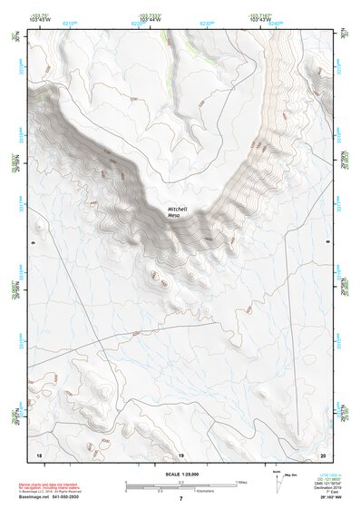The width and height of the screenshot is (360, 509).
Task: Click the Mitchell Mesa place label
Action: click(x=180, y=211)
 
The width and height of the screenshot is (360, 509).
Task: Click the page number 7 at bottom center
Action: click(x=180, y=499)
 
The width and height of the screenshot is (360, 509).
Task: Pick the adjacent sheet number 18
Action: click(x=38, y=454)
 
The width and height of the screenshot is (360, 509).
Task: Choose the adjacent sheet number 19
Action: click(x=180, y=454)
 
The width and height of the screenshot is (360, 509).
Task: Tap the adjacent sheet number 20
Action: click(x=322, y=454)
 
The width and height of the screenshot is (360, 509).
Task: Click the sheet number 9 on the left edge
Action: click(x=32, y=243)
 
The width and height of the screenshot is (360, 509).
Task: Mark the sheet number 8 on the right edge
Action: click(x=328, y=243)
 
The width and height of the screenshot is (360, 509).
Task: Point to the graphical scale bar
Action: click(x=180, y=485)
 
